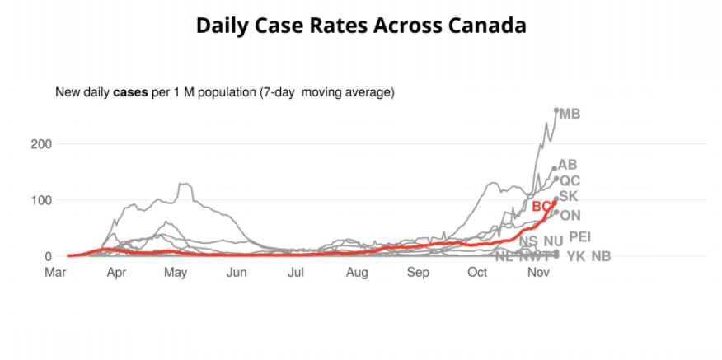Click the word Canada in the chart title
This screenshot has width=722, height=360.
pos(487,26)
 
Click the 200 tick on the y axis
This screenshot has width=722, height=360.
pos(42,144)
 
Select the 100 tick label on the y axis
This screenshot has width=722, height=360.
pos(42,200)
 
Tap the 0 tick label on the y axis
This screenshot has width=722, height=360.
pos(49,256)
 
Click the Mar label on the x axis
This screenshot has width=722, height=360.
pos(55,273)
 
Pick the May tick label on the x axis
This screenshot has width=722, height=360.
pos(176,273)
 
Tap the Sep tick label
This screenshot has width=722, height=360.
pos(418,273)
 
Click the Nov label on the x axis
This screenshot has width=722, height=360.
pos(538,273)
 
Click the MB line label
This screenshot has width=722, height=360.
pos(570,114)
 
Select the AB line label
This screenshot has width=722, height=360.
pos(567,165)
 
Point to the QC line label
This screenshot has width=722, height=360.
pos(570,180)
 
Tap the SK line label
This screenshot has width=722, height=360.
pos(569,196)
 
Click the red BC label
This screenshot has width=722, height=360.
pos(541,206)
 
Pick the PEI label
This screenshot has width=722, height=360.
pos(580,237)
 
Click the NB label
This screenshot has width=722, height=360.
pos(601,256)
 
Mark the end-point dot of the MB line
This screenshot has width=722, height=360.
pos(556,110)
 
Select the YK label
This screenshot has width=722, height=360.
pos(575,256)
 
